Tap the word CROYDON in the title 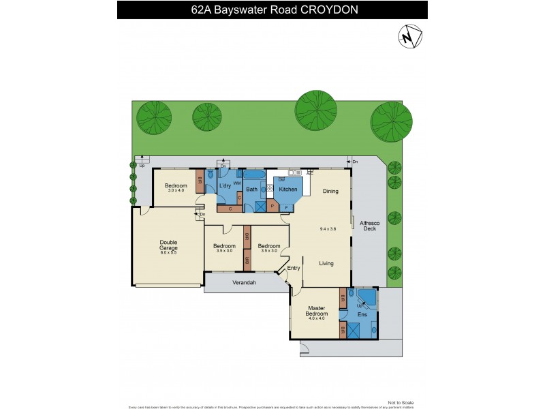coord(330,10)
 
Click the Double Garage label coord(168,245)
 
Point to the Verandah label coord(244,282)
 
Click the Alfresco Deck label coord(369,226)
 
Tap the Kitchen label coord(288,189)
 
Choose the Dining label coord(330,192)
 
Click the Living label coord(326,262)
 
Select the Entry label coord(294,268)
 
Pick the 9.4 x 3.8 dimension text coord(328,228)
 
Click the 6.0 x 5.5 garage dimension coord(168,253)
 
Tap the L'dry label coord(225,187)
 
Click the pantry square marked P coord(272,205)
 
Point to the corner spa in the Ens coord(366,299)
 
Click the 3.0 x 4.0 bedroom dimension coord(176,191)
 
